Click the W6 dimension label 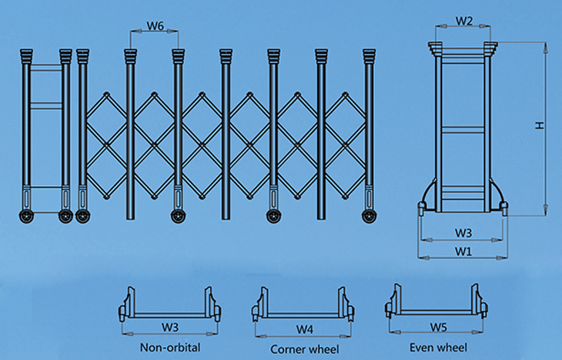tap(155, 25)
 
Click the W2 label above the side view tap(463, 21)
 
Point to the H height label tap(541, 125)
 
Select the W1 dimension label tap(463, 251)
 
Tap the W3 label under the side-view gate tap(463, 232)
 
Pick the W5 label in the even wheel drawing tap(438, 327)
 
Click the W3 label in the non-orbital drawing tap(170, 327)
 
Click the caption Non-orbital tap(170, 348)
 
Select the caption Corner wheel tap(305, 348)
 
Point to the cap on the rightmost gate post tap(370, 57)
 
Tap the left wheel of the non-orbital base tap(122, 313)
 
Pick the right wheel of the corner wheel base tap(353, 312)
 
